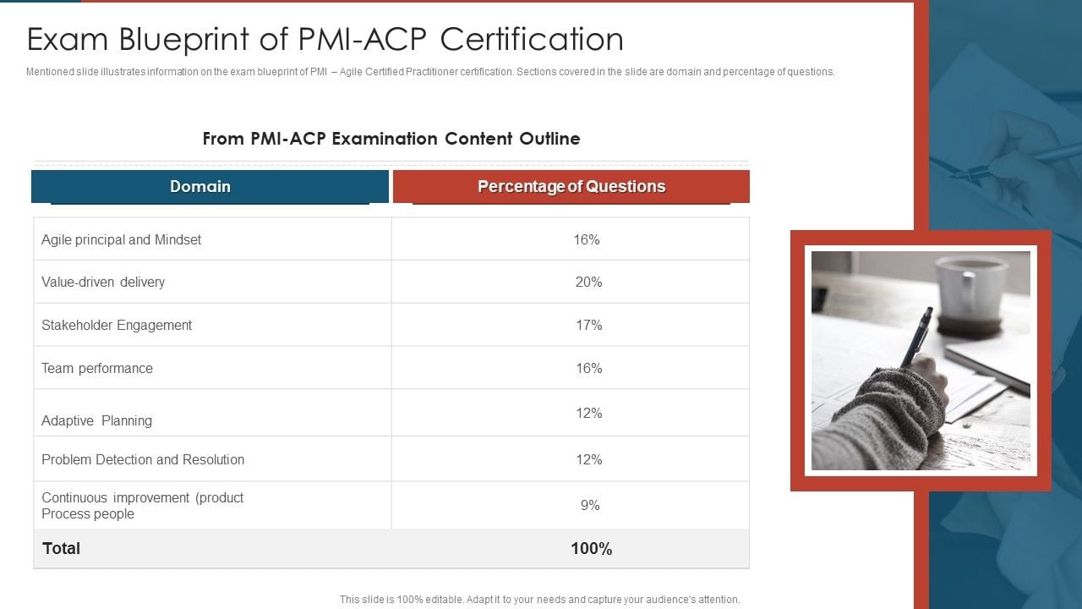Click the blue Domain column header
[x=200, y=187]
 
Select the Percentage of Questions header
[x=571, y=187]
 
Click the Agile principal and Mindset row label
[x=122, y=239]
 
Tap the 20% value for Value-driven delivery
[x=588, y=282]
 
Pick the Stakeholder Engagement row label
[x=117, y=325]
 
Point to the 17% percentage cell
[x=588, y=325]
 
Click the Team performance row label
[x=97, y=368]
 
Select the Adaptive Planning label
[x=97, y=420]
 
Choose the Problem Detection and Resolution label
[x=143, y=459]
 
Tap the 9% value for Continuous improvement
[x=590, y=505]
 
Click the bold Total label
[x=61, y=548]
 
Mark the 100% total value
[x=591, y=548]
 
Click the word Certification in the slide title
[x=532, y=40]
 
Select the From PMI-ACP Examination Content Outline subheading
[x=391, y=139]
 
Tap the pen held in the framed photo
[x=918, y=335]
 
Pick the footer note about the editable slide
[x=539, y=600]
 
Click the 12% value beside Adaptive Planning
[x=588, y=413]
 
